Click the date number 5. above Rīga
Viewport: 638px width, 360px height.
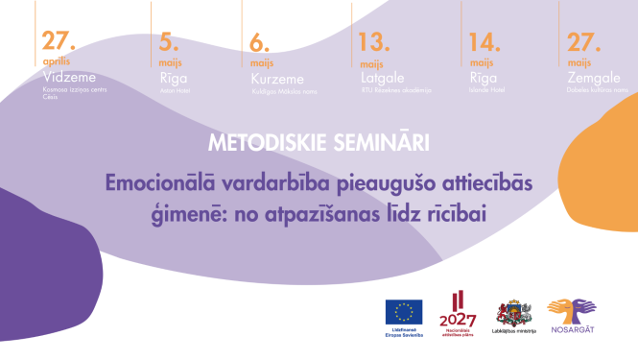[x=167, y=42]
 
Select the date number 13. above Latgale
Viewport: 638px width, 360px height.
[x=373, y=42]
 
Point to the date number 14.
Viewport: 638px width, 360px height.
[x=484, y=42]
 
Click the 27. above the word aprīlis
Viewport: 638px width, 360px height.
[x=59, y=42]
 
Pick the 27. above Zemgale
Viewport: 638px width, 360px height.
[x=583, y=42]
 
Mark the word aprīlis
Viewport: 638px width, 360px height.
[x=56, y=60]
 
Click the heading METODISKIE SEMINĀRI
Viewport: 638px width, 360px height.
[x=318, y=142]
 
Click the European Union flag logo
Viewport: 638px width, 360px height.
[x=404, y=312]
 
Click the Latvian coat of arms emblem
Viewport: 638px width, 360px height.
[x=509, y=314]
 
